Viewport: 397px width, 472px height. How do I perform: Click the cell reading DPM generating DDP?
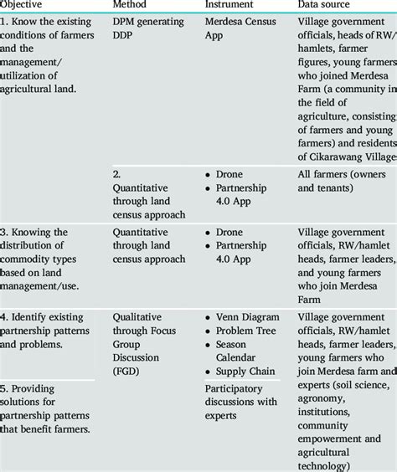click(151, 30)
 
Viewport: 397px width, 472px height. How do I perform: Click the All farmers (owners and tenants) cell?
click(344, 182)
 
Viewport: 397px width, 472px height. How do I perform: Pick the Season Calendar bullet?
click(244, 351)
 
